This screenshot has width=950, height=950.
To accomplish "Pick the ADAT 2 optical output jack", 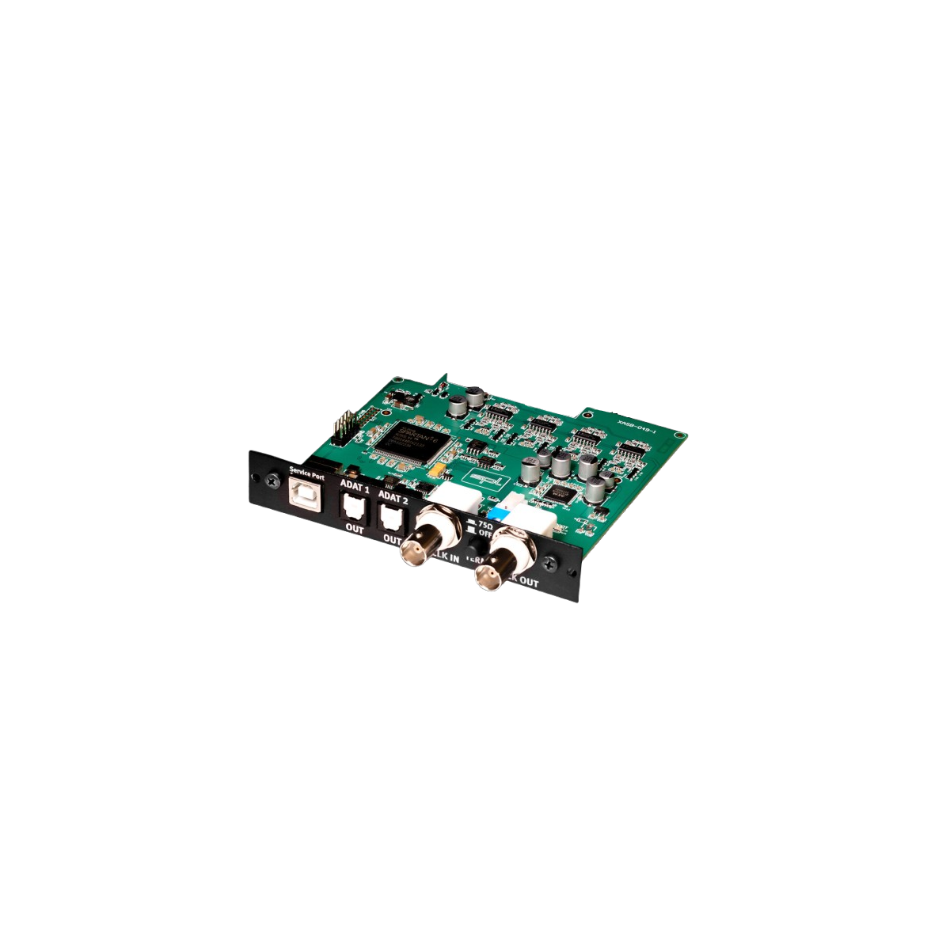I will (x=391, y=519).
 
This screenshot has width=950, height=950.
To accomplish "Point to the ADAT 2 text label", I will (x=393, y=497).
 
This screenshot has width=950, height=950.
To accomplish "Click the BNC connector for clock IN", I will (x=424, y=544).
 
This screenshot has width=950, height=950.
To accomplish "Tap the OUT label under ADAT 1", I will (x=355, y=529).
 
